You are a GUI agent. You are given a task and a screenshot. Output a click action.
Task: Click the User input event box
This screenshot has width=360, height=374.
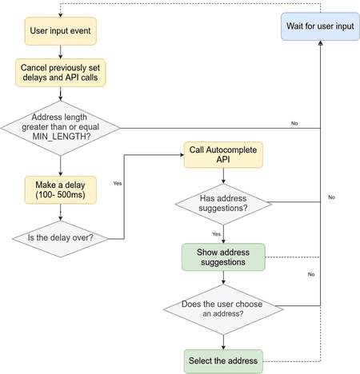(x=61, y=31)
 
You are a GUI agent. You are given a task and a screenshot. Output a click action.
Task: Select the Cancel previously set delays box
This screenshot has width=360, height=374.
(x=61, y=74)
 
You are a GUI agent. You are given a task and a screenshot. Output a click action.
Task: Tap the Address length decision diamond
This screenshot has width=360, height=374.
(x=61, y=126)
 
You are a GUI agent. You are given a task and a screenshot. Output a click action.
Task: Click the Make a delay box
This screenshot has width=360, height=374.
(x=61, y=191)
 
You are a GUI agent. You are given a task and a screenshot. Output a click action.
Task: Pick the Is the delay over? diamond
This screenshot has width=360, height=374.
(x=61, y=237)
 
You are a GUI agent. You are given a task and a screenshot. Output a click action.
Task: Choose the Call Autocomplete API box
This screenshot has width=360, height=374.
(x=223, y=155)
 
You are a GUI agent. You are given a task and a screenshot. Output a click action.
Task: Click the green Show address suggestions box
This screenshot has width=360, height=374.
(x=223, y=258)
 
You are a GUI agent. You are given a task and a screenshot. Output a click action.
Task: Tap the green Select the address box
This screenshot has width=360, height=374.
(x=223, y=360)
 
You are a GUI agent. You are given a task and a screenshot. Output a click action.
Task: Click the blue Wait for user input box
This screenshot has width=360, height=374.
(x=319, y=27)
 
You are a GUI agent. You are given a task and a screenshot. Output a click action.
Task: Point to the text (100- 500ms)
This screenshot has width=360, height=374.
(x=61, y=197)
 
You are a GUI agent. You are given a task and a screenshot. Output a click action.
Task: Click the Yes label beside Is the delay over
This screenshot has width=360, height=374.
(x=118, y=183)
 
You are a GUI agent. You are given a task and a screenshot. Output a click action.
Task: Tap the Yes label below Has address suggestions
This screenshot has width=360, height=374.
(x=216, y=233)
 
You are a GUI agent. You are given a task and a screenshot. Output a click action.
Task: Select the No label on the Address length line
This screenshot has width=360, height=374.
(x=294, y=123)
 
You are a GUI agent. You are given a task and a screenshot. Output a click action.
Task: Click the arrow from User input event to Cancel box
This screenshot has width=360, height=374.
(x=61, y=51)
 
